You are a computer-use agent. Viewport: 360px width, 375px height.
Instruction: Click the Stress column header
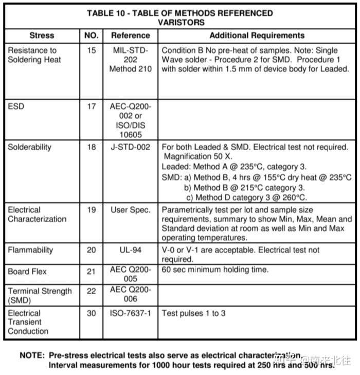click(42, 36)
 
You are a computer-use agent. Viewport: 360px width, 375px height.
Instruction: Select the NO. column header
click(91, 36)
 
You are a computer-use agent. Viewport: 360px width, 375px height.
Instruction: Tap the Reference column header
click(130, 36)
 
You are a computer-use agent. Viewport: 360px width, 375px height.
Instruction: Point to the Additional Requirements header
click(257, 36)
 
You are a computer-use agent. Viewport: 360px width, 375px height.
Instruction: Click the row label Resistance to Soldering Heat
click(34, 55)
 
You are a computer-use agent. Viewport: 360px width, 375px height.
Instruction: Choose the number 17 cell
click(91, 107)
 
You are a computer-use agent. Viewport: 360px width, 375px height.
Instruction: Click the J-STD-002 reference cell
click(130, 147)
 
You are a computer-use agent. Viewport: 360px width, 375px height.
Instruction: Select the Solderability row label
click(29, 147)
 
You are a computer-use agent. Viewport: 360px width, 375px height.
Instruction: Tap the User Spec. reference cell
click(130, 210)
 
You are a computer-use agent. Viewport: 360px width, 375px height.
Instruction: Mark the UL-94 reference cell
click(130, 250)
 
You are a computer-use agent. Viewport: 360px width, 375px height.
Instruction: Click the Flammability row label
click(30, 250)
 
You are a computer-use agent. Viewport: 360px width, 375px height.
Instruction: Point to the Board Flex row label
click(27, 271)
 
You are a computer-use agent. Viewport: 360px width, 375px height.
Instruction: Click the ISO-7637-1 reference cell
click(130, 313)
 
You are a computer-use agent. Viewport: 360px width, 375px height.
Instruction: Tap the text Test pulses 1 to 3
click(193, 313)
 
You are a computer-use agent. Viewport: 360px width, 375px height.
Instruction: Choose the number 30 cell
click(91, 313)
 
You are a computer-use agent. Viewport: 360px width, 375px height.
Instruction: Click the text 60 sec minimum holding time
click(215, 270)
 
